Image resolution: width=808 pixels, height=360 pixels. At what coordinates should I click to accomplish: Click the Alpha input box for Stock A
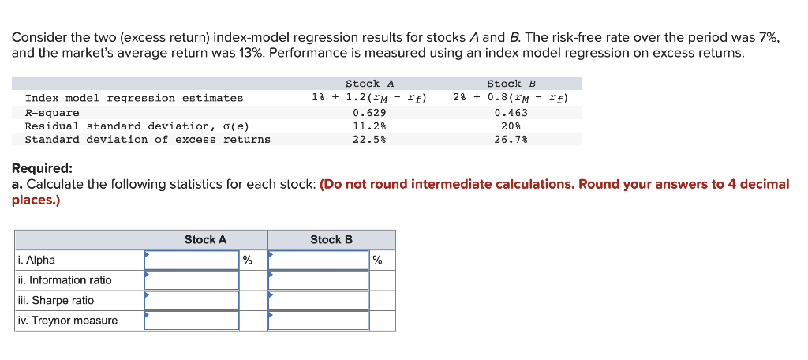coord(191,260)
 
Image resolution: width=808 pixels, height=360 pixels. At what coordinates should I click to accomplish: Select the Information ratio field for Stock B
coord(319,280)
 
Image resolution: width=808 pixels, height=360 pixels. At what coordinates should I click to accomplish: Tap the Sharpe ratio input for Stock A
coord(191,301)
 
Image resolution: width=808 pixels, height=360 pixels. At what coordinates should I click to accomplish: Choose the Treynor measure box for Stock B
coord(319,321)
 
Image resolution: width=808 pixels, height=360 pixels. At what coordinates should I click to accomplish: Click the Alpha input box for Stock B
coord(319,260)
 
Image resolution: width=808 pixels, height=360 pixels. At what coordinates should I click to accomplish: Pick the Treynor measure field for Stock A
coord(191,321)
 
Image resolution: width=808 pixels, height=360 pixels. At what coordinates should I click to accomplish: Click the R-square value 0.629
coord(369,112)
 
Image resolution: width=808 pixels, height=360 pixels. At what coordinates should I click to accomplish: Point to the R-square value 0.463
coord(511,112)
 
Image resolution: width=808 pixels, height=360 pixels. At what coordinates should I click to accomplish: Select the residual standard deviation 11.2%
coord(369,126)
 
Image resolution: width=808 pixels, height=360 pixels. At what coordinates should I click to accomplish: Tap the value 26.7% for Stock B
coord(511,140)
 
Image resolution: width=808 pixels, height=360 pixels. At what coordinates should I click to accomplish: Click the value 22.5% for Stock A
coord(369,140)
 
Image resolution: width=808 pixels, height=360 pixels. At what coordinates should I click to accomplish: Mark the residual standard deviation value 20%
coord(511,126)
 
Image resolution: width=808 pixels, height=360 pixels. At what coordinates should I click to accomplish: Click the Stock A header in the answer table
coord(205,240)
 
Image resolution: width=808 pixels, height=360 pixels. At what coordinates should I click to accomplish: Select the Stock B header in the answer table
coord(331,240)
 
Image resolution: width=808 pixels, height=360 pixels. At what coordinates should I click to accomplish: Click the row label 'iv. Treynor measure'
coord(67,321)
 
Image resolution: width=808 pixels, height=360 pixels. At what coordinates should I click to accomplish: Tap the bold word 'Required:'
coord(42,168)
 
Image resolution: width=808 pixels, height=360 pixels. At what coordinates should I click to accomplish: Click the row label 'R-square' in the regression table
coord(52,112)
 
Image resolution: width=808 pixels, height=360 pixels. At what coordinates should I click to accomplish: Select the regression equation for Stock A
coord(369,98)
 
